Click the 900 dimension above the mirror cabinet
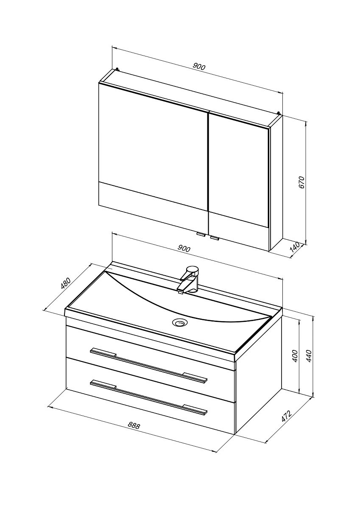click(199, 66)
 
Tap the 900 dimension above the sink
click(184, 249)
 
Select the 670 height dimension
click(301, 182)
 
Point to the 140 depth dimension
click(295, 249)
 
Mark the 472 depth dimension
click(286, 417)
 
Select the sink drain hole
click(180, 322)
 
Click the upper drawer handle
click(149, 366)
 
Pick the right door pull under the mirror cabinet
click(215, 238)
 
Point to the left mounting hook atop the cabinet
click(117, 68)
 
